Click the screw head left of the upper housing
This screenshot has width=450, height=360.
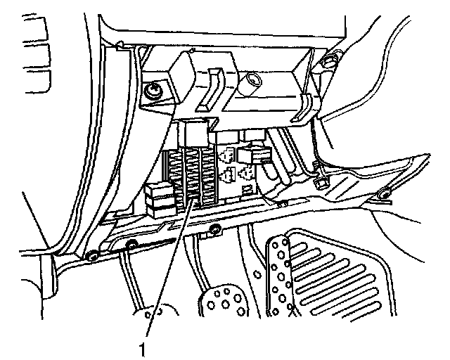(151, 91)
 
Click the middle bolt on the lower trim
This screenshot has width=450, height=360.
(131, 245)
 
